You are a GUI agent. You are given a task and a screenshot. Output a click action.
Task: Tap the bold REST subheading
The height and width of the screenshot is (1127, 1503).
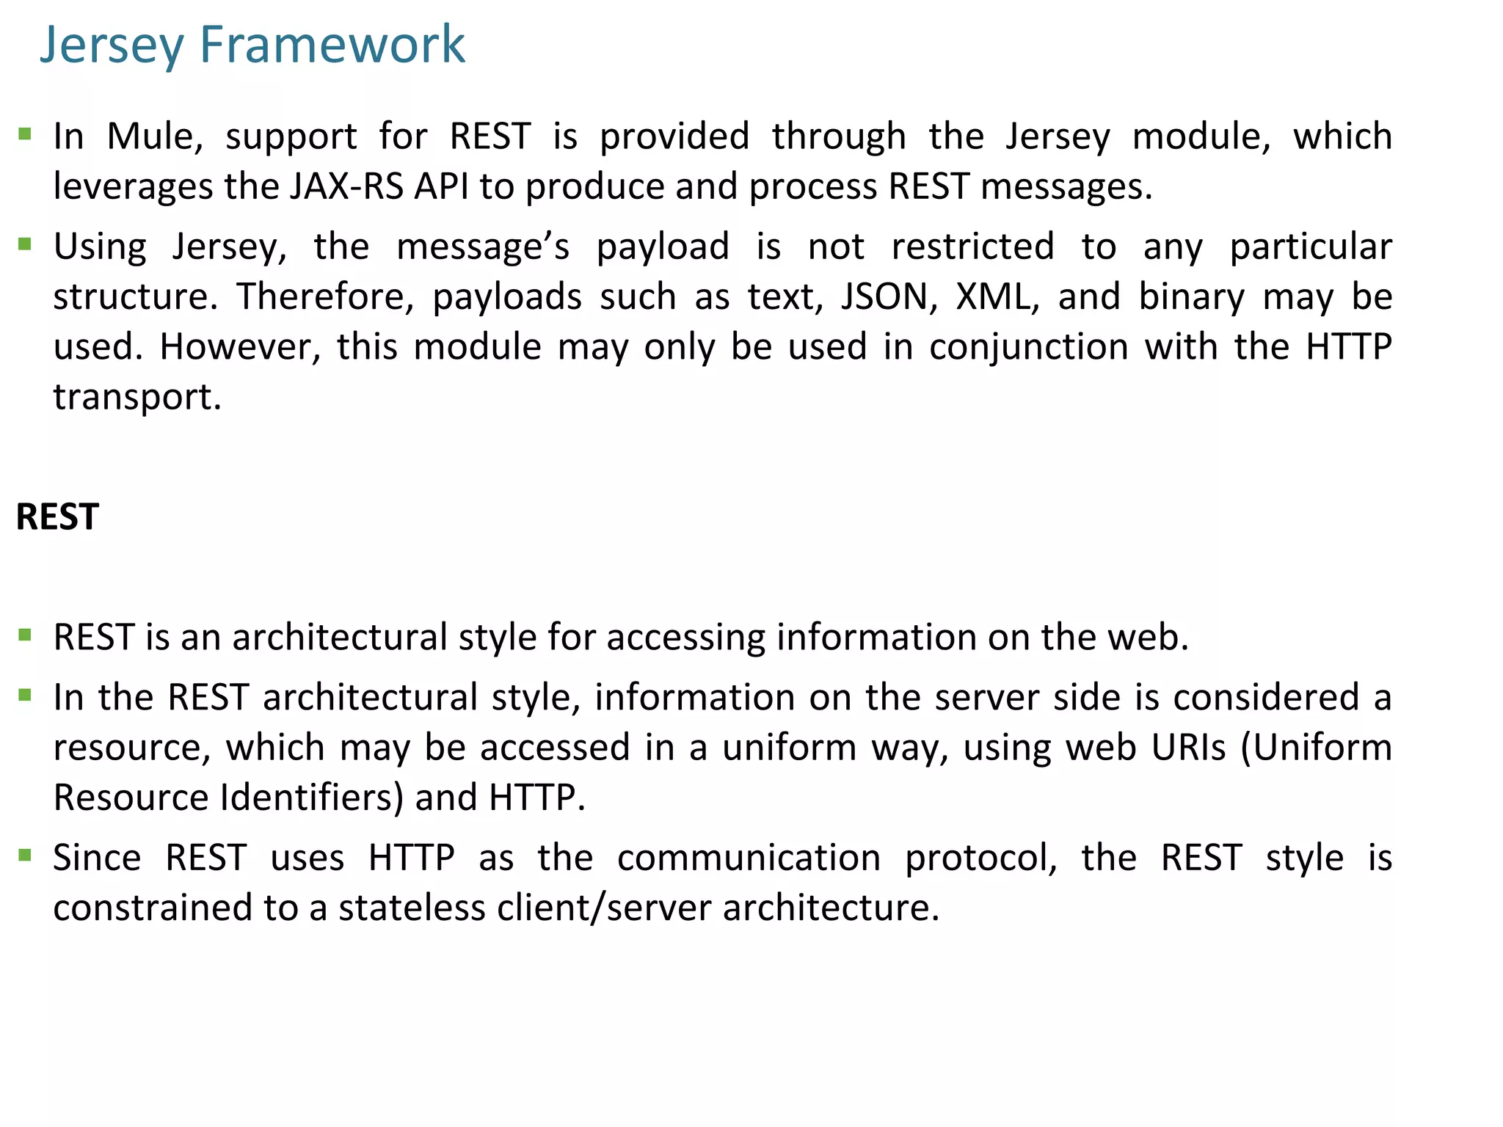click(57, 517)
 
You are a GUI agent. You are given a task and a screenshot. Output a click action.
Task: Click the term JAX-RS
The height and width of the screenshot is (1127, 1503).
click(346, 186)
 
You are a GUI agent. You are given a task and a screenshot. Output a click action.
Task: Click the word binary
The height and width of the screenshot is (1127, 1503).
click(1192, 296)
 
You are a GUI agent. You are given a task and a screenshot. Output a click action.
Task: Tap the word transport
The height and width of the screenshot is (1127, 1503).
click(137, 397)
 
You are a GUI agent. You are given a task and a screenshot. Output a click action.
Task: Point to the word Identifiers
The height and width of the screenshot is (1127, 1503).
click(311, 798)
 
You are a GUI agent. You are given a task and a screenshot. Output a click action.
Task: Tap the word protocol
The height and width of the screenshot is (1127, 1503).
click(980, 858)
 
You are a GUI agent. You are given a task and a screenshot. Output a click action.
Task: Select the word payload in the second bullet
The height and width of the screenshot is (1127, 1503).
click(663, 247)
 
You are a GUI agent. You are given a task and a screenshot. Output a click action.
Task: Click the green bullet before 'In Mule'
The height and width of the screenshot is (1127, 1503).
click(26, 134)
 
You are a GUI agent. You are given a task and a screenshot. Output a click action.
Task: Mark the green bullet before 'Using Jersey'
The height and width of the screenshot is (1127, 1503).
click(26, 244)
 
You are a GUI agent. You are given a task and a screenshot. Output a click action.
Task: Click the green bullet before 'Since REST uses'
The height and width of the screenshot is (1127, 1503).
click(26, 855)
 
